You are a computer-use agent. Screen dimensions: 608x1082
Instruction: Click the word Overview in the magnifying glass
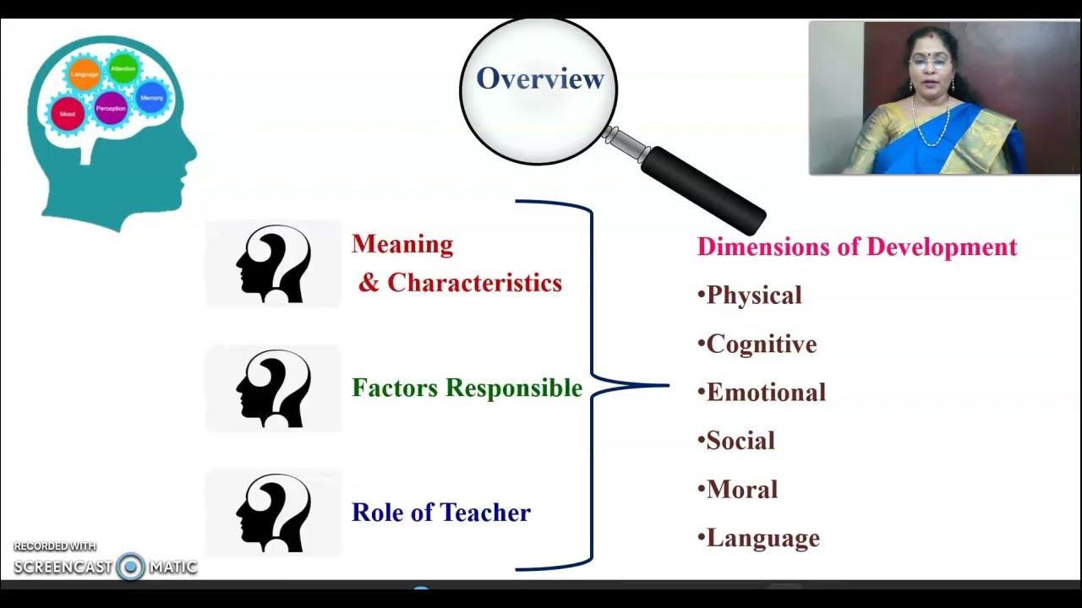[x=539, y=79]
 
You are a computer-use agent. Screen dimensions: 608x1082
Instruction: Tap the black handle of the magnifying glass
[x=702, y=192]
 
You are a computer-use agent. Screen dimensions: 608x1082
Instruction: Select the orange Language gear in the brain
[x=85, y=74]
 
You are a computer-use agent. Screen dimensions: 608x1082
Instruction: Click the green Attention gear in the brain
[x=123, y=68]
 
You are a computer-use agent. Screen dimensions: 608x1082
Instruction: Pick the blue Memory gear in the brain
[x=151, y=98]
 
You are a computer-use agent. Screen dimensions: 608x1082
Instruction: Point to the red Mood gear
[x=68, y=114]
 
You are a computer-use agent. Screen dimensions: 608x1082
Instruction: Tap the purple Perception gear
[x=111, y=108]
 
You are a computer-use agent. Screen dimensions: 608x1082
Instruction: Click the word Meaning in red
[x=402, y=244]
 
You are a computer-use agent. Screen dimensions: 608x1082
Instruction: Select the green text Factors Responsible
[x=467, y=388]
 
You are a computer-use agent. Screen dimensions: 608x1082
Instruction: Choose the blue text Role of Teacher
[x=440, y=513]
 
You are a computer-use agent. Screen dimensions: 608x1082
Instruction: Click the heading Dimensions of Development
[x=856, y=247]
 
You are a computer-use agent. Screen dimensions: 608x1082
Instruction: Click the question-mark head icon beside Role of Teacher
[x=273, y=513]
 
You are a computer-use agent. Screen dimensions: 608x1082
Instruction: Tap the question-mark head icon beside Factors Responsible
[x=273, y=388]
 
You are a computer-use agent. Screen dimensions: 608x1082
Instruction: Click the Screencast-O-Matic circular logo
[x=130, y=567]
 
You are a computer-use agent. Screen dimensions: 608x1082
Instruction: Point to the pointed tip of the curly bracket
[x=667, y=386]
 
